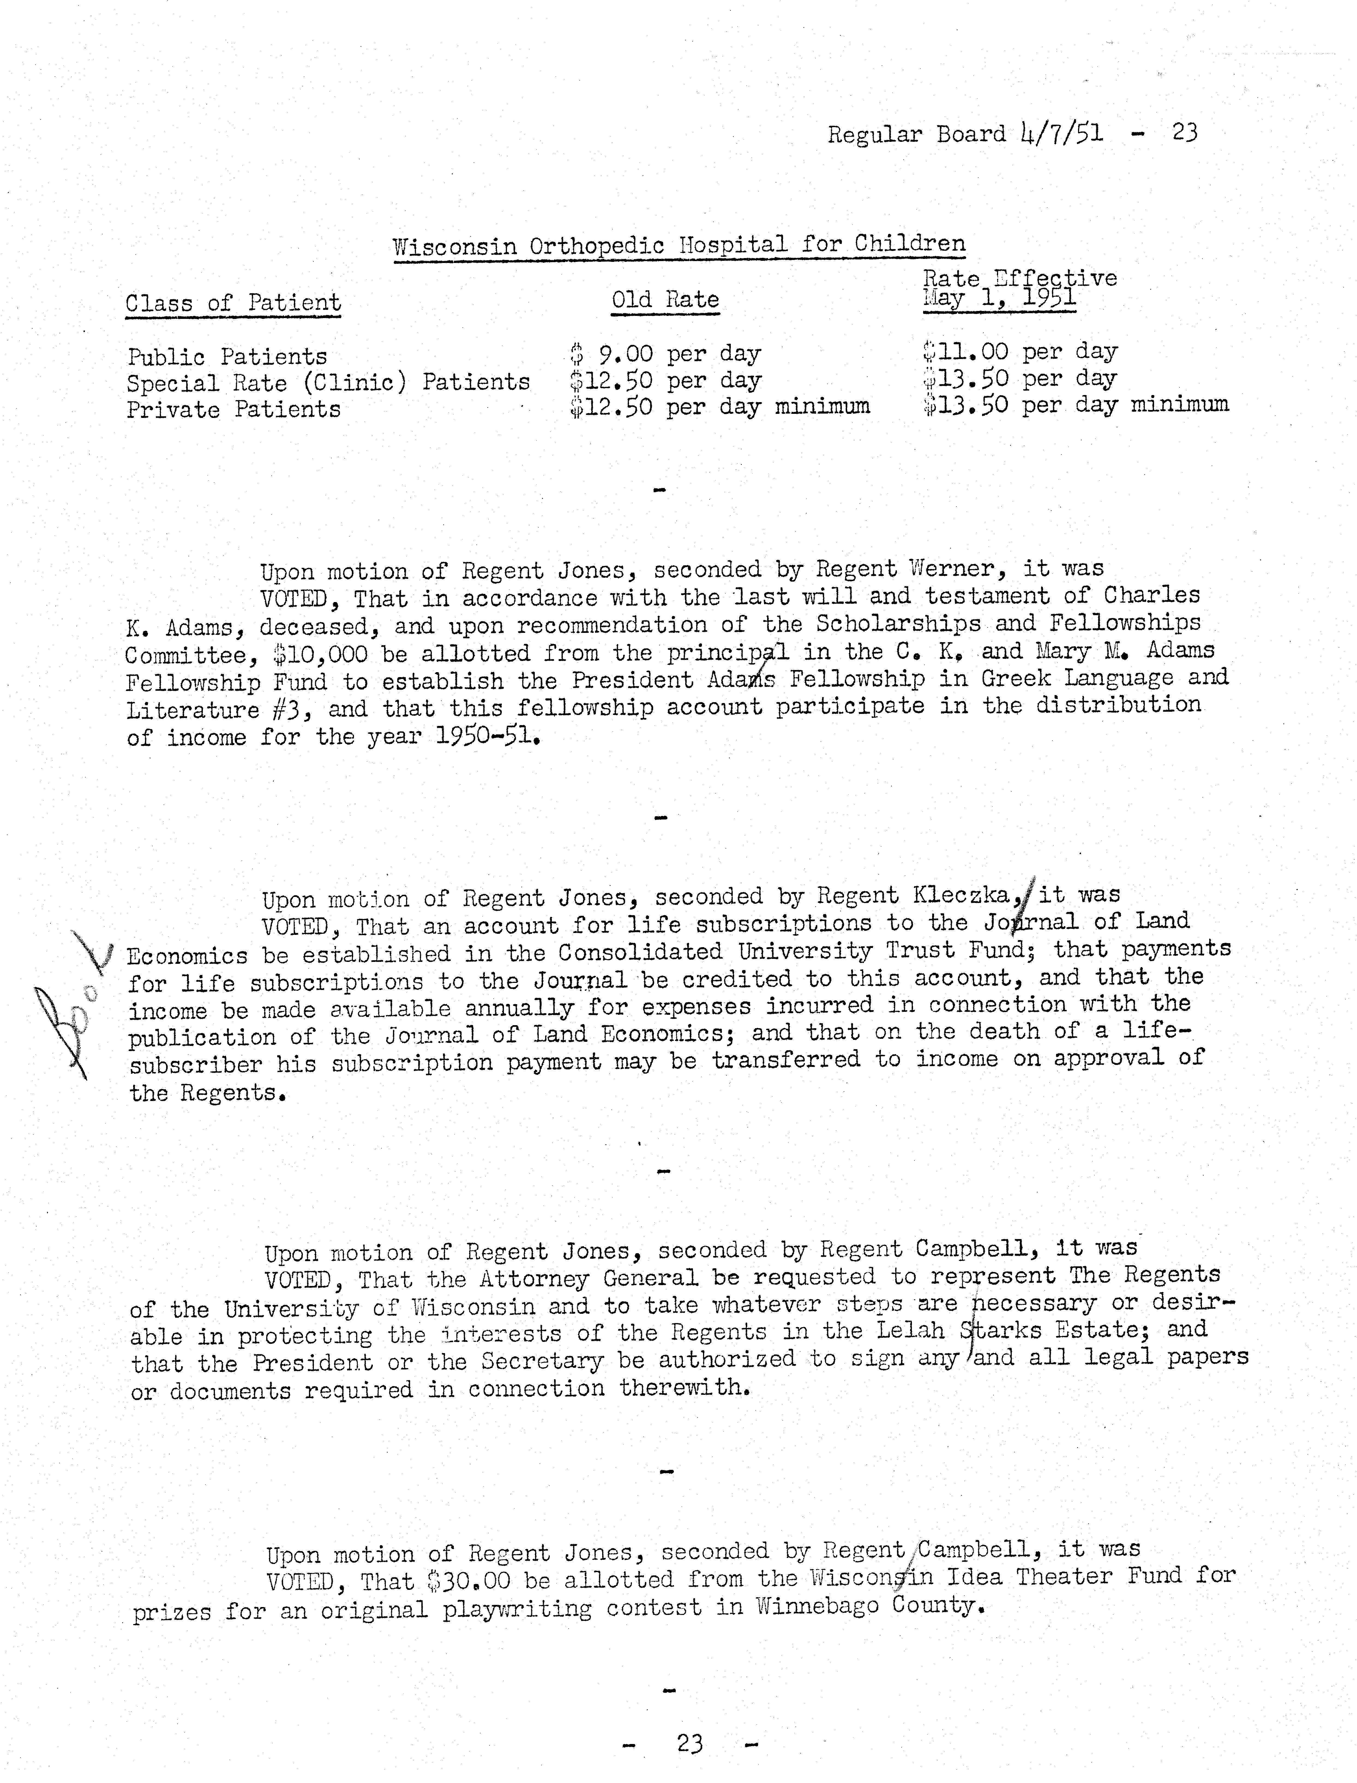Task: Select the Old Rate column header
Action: pos(665,300)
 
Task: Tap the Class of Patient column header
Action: pos(233,303)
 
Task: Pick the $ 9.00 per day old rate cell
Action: pos(665,354)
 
